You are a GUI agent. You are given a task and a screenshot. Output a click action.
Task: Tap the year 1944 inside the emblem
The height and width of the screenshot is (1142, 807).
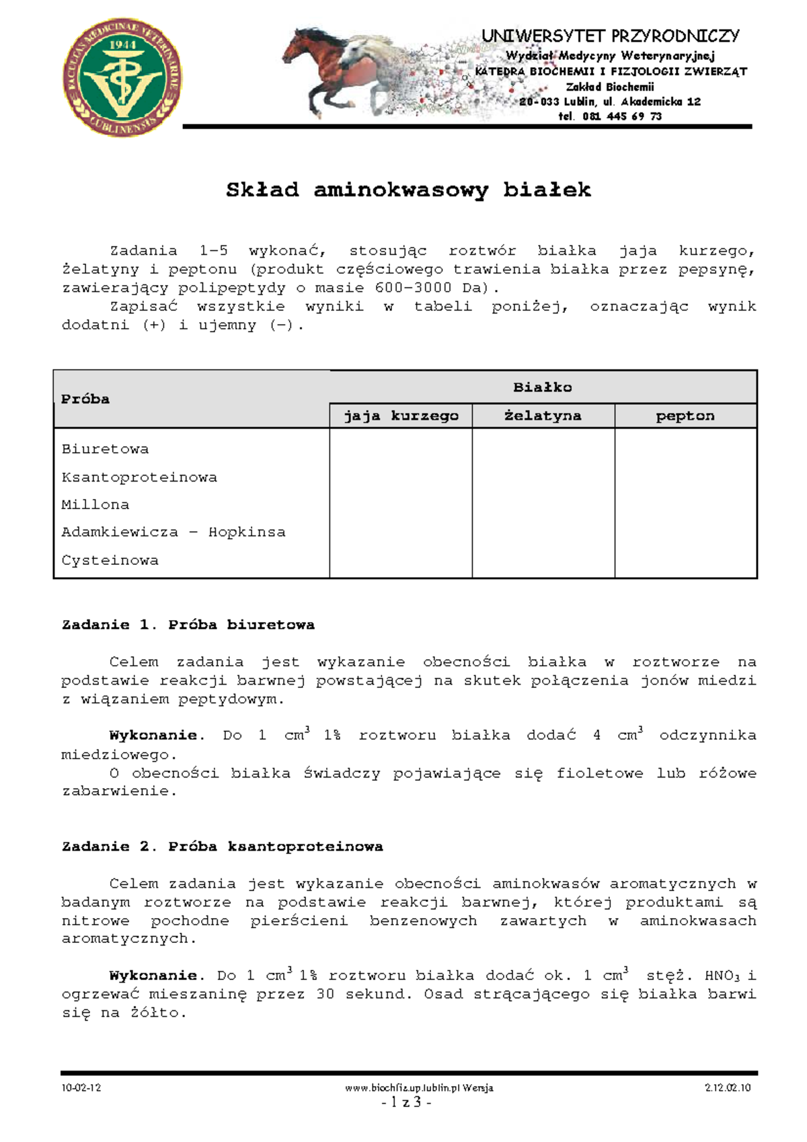(122, 44)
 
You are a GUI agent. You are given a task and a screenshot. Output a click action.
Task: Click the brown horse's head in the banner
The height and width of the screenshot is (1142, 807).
(299, 42)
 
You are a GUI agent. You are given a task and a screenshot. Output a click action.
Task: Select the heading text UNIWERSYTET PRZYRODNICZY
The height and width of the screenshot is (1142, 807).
(611, 36)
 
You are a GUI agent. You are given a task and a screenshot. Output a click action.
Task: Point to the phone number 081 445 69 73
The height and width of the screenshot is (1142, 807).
(622, 116)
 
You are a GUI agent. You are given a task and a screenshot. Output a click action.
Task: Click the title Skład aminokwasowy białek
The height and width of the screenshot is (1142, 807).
(408, 190)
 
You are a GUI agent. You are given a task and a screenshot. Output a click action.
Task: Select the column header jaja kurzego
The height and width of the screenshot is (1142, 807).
(401, 416)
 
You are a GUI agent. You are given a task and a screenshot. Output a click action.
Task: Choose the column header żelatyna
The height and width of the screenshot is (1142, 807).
(543, 416)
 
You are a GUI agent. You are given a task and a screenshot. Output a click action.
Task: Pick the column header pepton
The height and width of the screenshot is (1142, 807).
(685, 416)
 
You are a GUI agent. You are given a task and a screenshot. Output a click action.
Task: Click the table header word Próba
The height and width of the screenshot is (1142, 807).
(85, 399)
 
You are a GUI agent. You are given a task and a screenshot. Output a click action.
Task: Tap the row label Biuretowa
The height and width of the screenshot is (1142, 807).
(105, 449)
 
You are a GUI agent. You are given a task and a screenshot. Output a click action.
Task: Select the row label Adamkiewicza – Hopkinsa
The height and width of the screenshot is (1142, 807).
(174, 533)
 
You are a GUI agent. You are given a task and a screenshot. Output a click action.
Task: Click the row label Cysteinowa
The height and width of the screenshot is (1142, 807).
(110, 561)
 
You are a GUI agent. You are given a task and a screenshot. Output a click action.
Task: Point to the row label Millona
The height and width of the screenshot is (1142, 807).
(95, 505)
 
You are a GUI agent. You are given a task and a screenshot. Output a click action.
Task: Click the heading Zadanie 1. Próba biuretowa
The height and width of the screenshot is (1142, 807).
(188, 625)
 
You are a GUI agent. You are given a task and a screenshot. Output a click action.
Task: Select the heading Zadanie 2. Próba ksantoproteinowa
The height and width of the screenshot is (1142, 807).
(223, 847)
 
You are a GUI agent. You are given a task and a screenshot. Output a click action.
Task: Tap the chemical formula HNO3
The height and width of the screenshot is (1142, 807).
(722, 976)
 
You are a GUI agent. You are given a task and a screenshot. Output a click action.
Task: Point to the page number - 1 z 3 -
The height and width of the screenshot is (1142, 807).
(406, 1102)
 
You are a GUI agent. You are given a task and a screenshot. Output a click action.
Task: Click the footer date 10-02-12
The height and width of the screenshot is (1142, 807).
(81, 1088)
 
